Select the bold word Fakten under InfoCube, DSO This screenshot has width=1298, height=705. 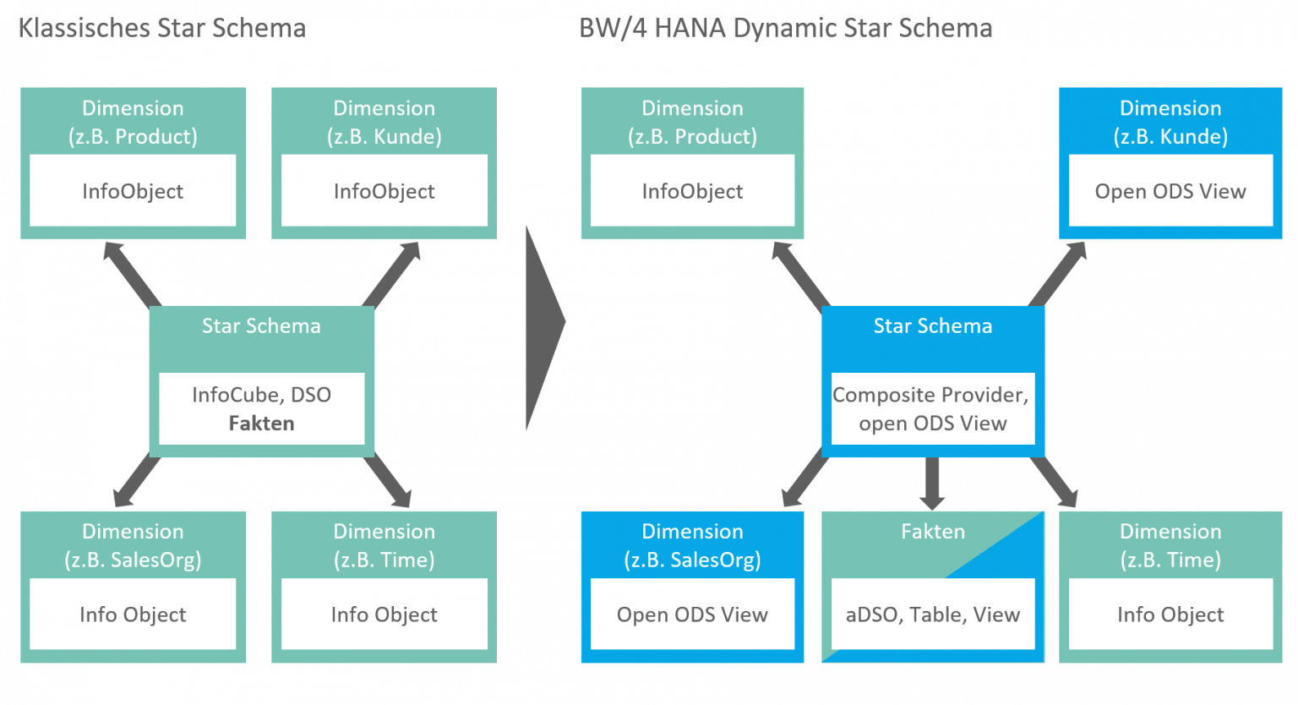(261, 424)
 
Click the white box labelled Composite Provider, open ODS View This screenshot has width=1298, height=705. (932, 409)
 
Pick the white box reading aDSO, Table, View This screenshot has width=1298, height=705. (932, 615)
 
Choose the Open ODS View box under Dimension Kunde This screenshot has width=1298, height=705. (1170, 191)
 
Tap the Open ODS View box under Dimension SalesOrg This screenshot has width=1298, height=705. (692, 615)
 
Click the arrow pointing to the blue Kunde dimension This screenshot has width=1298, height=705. (1059, 272)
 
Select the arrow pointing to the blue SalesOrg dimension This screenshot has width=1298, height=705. (804, 479)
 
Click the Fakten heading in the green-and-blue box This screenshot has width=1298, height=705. (932, 532)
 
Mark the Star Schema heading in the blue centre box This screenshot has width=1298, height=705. (932, 326)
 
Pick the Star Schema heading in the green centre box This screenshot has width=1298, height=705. (261, 326)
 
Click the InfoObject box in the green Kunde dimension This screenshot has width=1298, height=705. (384, 191)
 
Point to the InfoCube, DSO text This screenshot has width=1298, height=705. (261, 395)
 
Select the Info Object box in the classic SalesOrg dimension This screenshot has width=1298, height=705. (133, 615)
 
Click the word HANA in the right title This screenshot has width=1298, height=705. (690, 29)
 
